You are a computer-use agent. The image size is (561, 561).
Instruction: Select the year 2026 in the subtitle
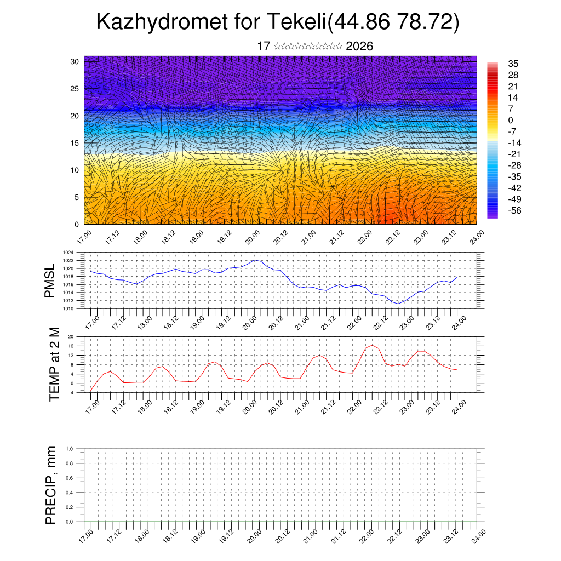tap(359, 47)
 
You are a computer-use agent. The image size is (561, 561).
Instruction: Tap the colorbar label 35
tap(513, 64)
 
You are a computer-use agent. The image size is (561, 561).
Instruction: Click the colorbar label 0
tap(511, 120)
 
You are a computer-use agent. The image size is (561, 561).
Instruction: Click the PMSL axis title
tap(50, 280)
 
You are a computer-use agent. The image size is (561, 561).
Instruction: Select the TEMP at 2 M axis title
tap(54, 364)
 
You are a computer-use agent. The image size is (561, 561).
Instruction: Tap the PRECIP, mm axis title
tap(51, 485)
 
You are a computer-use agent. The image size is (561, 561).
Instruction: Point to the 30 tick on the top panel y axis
tap(75, 61)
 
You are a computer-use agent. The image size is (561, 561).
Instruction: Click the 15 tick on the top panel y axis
tap(75, 143)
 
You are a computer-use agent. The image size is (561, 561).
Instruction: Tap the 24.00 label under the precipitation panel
tap(478, 535)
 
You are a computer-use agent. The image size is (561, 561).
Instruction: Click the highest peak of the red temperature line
tap(373, 345)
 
